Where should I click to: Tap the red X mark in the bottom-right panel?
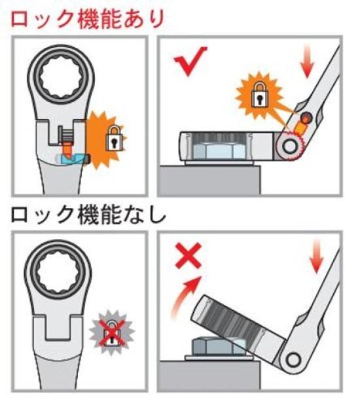pyautogui.click(x=188, y=255)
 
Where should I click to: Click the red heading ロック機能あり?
pyautogui.click(x=88, y=18)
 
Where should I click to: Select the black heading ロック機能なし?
pyautogui.click(x=88, y=214)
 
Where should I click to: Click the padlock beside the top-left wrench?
pyautogui.click(x=114, y=138)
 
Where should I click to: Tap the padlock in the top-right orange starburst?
pyautogui.click(x=260, y=94)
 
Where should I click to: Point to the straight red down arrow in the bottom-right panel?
pyautogui.click(x=317, y=256)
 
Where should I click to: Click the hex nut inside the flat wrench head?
pyautogui.click(x=219, y=151)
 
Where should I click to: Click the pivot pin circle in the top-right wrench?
pyautogui.click(x=289, y=147)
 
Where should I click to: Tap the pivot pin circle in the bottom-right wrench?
pyautogui.click(x=294, y=359)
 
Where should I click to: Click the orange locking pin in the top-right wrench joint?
pyautogui.click(x=301, y=128)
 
